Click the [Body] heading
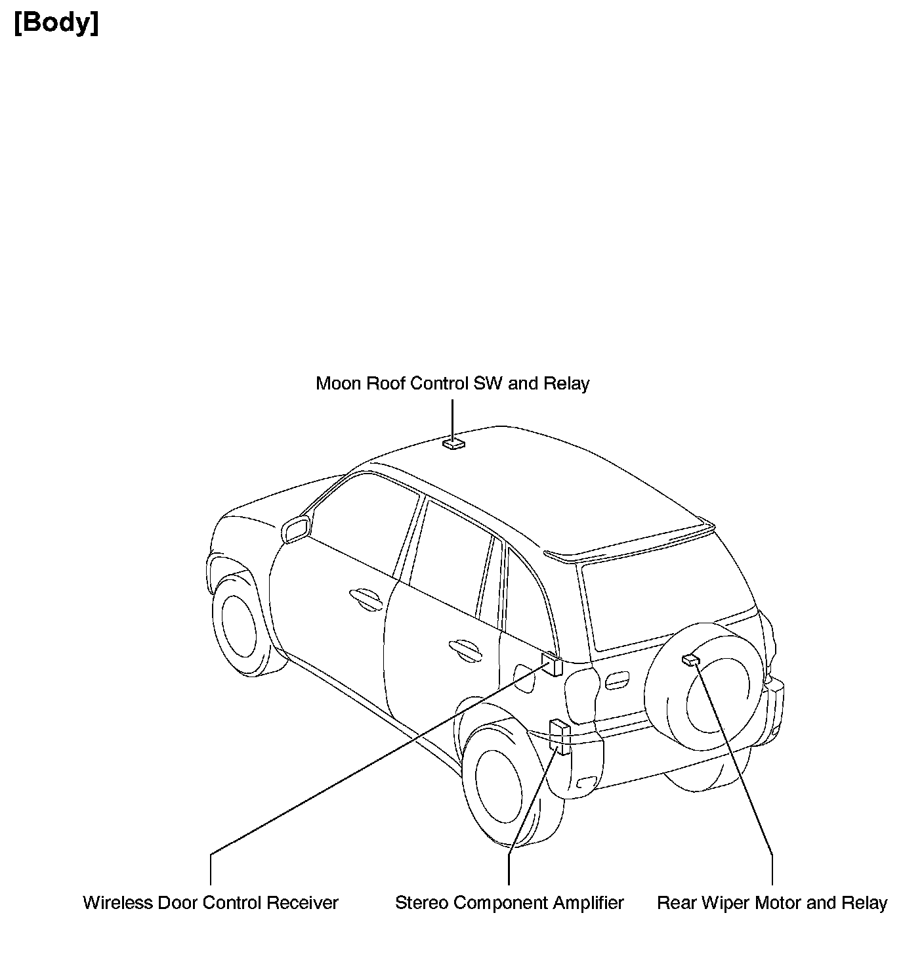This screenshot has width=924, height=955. click(56, 24)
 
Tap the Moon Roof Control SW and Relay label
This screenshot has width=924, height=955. click(452, 384)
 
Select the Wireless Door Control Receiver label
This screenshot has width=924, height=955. click(210, 903)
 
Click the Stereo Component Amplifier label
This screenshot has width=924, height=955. click(509, 903)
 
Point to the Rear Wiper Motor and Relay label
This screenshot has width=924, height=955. click(772, 903)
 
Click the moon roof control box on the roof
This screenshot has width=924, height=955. click(453, 445)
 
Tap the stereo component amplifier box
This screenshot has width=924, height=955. click(560, 736)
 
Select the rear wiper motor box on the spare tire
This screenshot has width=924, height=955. click(690, 659)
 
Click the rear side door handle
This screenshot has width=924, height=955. click(463, 648)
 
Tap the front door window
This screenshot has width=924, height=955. click(364, 525)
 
